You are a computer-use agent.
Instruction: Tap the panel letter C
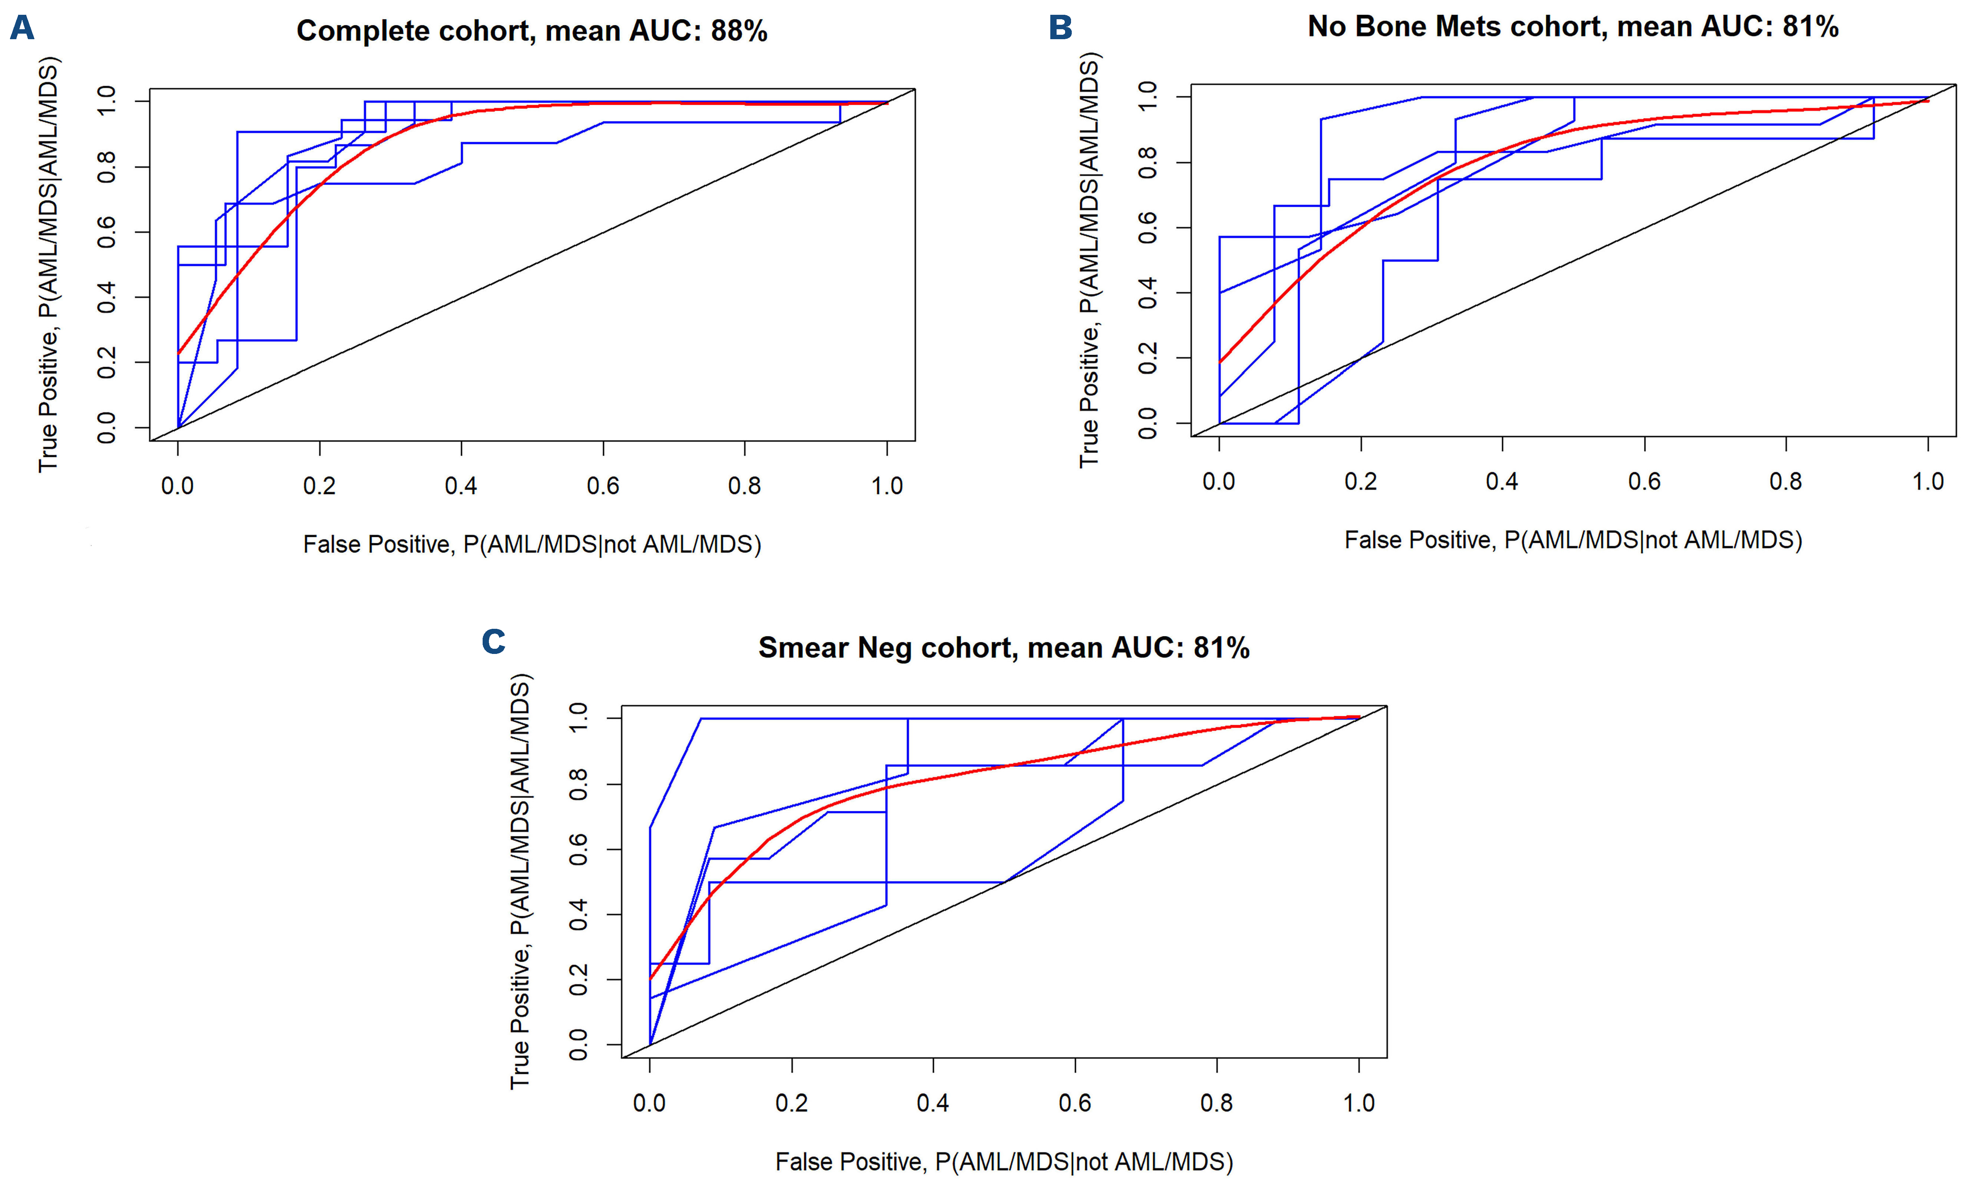493,641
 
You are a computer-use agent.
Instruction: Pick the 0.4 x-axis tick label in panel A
461,486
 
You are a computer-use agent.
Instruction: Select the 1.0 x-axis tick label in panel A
886,486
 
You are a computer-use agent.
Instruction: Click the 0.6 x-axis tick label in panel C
1075,1103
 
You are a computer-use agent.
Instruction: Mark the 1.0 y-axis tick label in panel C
578,718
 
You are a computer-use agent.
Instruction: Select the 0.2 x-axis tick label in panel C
791,1103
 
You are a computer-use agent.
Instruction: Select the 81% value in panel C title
1221,648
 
